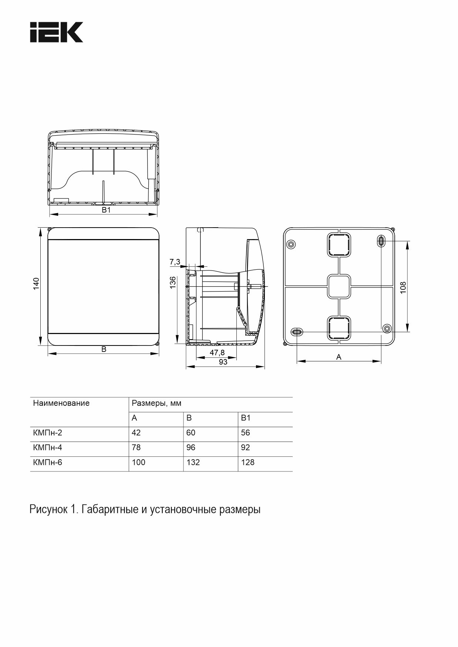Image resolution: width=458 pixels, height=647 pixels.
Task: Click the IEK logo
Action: [x=57, y=32]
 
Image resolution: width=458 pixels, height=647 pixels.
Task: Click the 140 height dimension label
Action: [x=36, y=283]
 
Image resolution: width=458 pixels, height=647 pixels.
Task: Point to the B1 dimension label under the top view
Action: [x=107, y=210]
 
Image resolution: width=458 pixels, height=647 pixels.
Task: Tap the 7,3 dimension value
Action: [x=175, y=262]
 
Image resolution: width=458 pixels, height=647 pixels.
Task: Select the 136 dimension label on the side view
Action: [x=173, y=282]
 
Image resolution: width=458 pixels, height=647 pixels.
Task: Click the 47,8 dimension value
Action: [x=217, y=353]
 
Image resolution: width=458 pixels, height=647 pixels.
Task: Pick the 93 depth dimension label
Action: [x=223, y=362]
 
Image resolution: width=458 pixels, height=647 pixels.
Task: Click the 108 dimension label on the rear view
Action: [x=403, y=287]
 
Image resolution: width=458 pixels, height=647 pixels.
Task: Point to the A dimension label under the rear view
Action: [x=339, y=357]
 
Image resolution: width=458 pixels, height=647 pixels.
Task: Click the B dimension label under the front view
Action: [x=104, y=349]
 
